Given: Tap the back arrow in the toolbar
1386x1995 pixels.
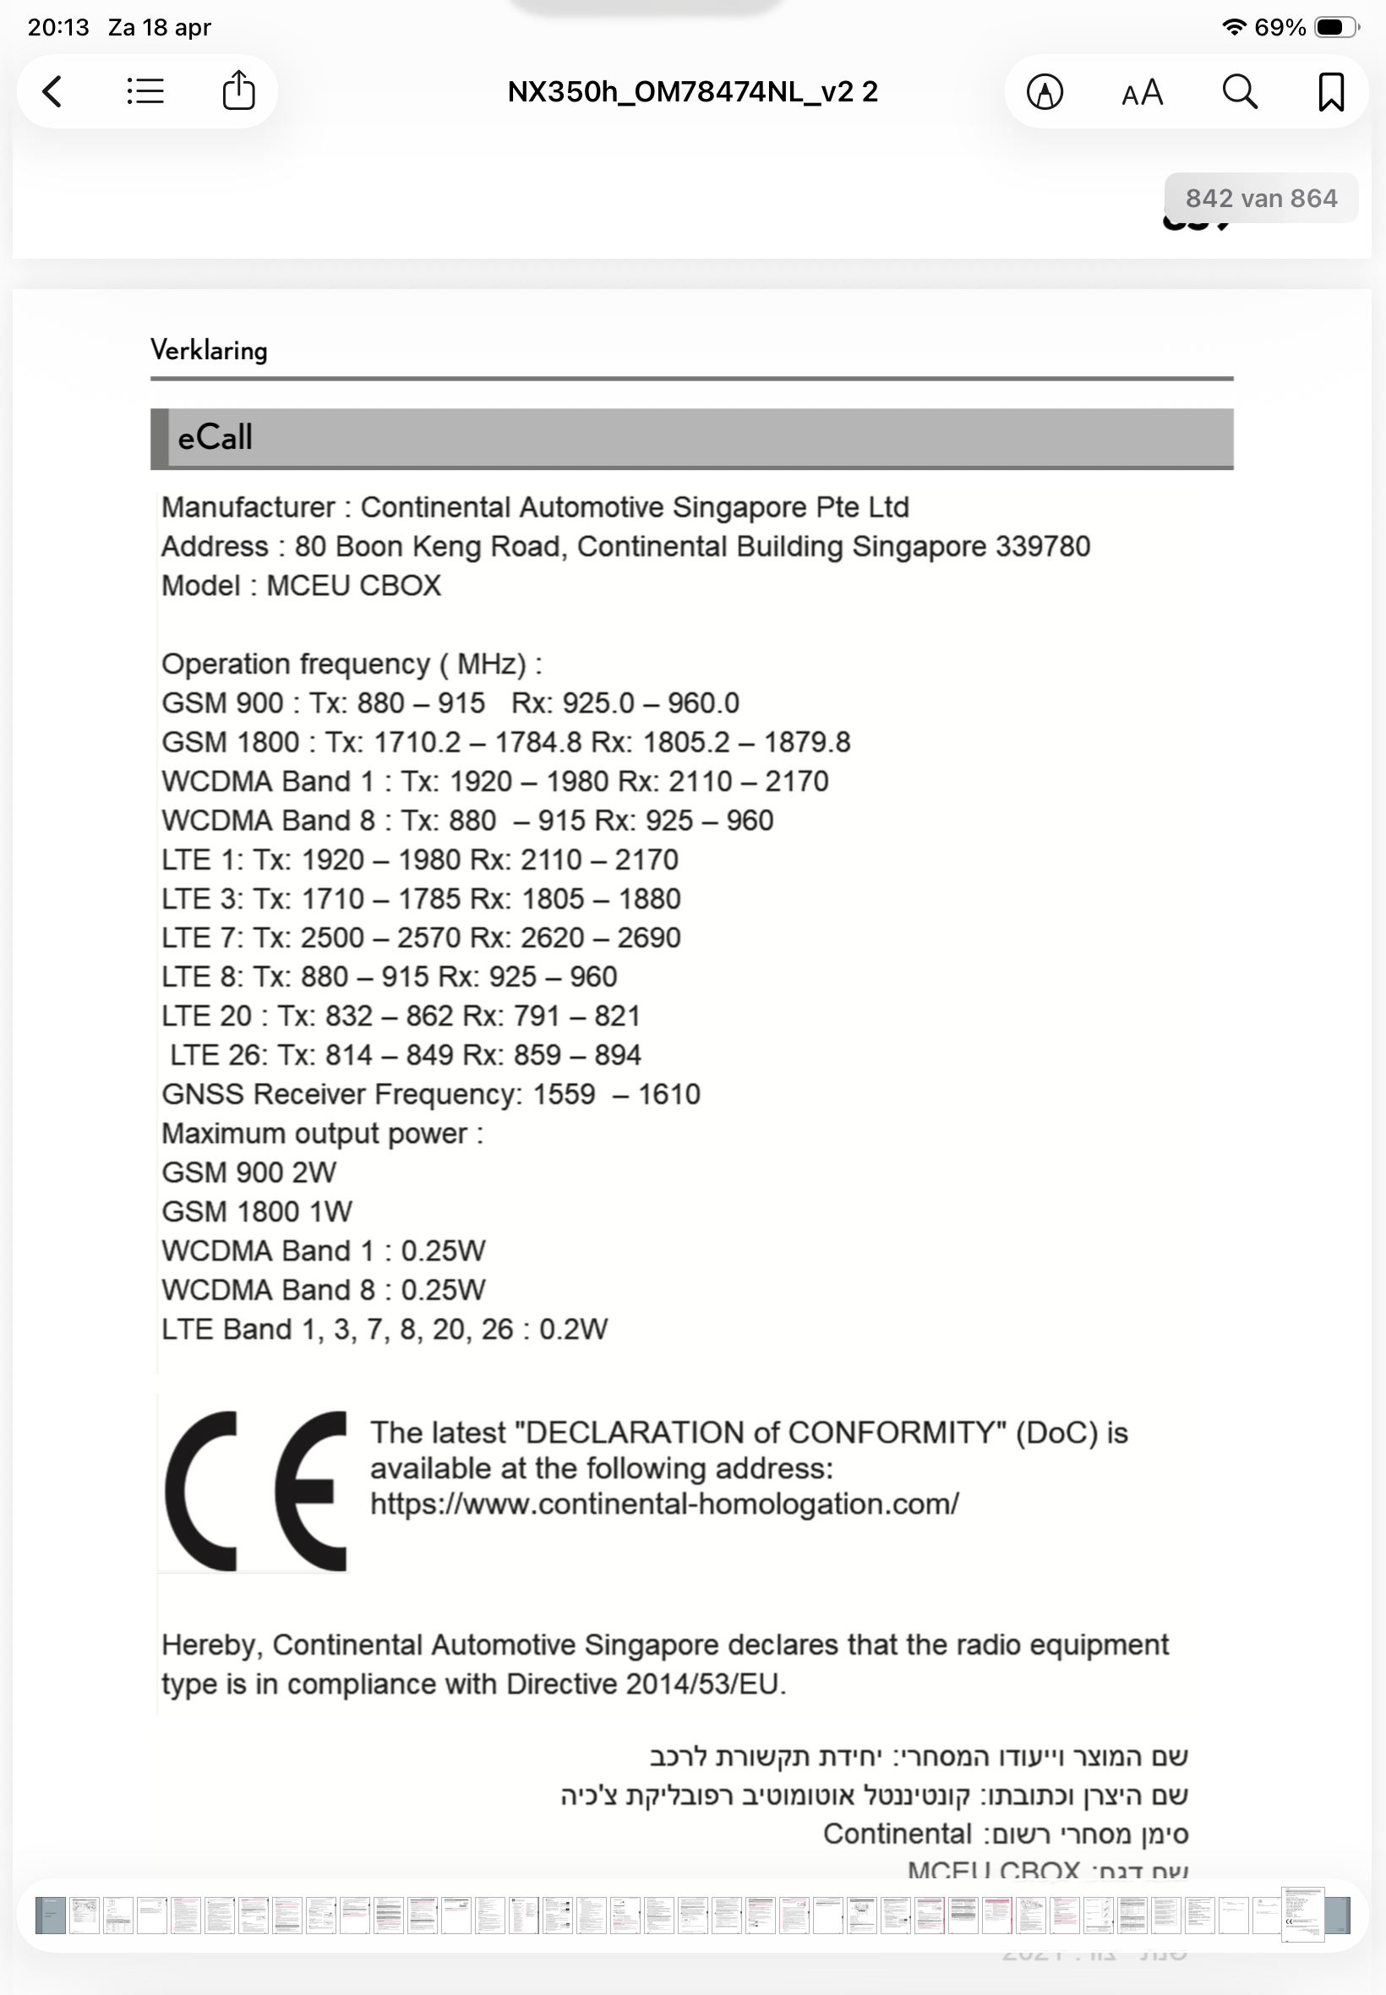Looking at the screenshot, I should point(53,91).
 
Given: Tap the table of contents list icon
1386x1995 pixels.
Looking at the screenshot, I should point(145,91).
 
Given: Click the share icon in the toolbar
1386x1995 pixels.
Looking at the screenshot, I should point(238,91).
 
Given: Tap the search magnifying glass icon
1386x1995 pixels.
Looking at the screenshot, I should point(1239,91).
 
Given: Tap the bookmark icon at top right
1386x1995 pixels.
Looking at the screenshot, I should point(1330,91).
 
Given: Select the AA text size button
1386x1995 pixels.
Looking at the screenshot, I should point(1142,92).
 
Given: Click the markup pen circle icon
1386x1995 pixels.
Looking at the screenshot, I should point(1045,91).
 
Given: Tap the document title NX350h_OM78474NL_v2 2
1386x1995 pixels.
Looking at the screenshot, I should point(692,91).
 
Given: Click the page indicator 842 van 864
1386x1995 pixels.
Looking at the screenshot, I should point(1261,198).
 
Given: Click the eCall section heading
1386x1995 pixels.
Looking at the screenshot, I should point(216,437).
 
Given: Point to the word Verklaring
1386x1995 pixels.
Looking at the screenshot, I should point(210,350).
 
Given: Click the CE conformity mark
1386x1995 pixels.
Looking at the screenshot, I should point(254,1490).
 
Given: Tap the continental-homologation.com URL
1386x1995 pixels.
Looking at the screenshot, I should point(664,1503).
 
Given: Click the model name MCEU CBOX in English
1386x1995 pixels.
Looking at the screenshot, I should point(353,585).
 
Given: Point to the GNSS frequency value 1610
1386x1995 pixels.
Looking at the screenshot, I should point(668,1094).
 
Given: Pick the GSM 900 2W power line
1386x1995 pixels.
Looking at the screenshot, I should point(249,1172).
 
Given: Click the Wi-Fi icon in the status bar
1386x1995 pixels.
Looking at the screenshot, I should point(1233,27).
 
